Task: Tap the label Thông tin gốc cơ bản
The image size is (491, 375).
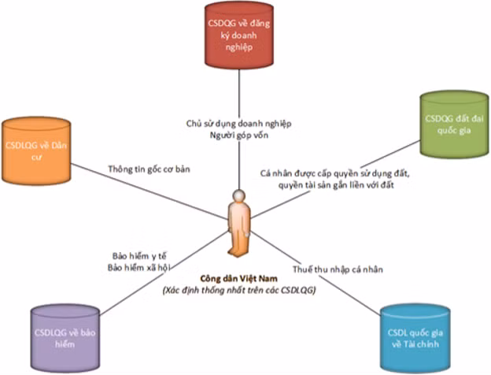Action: point(150,169)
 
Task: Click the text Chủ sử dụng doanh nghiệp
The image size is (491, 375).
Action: point(238,124)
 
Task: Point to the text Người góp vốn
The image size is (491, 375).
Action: point(238,136)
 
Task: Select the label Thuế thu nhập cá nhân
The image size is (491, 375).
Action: point(337,269)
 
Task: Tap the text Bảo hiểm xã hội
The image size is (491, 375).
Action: point(141,267)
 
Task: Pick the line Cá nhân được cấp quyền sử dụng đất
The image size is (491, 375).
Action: point(334,173)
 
